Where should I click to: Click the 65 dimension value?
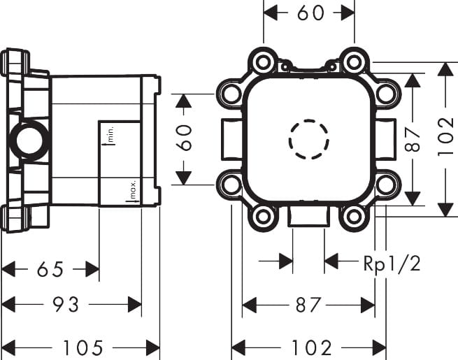coord(50,268)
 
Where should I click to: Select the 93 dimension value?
coord(67,305)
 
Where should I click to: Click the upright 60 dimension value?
coord(309,13)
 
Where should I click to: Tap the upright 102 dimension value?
coord(308,347)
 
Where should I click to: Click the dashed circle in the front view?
coord(308,139)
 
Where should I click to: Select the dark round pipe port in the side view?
coord(27,141)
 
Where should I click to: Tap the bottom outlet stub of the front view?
coord(308,217)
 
